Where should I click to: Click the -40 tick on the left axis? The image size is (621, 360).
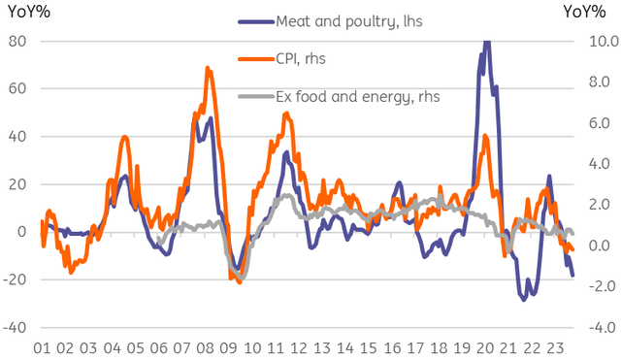point(16,327)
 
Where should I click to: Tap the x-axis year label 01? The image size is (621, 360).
point(42,347)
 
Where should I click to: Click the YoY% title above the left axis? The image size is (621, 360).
point(26,11)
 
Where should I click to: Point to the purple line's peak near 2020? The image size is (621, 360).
point(486,41)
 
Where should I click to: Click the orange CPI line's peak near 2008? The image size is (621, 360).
point(208,68)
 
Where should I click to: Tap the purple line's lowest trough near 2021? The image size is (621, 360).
point(524,300)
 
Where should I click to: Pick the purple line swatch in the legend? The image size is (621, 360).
point(255,21)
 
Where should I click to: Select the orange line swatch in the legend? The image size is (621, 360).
point(255,59)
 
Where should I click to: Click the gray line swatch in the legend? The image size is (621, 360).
point(255,97)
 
